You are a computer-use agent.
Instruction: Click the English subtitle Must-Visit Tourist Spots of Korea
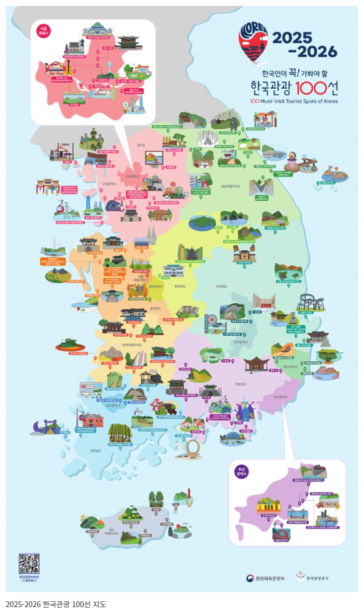tap(294, 101)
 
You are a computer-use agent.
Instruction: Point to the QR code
tap(28, 562)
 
